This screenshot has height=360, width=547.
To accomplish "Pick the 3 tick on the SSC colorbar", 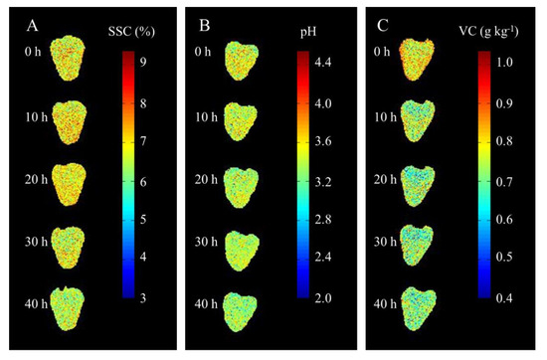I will click(144, 297).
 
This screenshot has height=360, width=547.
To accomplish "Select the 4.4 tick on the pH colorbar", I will click(325, 63).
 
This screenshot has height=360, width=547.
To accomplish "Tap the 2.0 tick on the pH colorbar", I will click(325, 297).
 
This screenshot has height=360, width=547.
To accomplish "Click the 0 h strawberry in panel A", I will click(70, 56).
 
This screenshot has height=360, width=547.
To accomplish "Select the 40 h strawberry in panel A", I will click(70, 309).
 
